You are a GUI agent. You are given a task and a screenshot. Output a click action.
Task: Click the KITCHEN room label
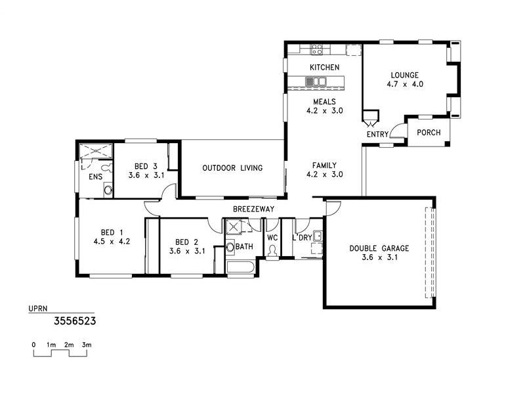click(324, 68)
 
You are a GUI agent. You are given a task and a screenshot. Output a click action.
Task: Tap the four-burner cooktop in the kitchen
click(316, 49)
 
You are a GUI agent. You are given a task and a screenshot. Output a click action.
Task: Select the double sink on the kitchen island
click(316, 81)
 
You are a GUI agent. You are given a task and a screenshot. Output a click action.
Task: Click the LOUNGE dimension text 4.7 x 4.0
click(404, 84)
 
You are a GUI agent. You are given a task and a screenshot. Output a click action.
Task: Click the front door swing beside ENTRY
click(398, 130)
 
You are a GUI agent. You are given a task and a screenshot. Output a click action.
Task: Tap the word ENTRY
click(377, 135)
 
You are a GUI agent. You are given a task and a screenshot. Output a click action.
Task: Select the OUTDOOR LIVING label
click(232, 168)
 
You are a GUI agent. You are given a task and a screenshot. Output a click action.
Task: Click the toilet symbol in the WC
click(272, 250)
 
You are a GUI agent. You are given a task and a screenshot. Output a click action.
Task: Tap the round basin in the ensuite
click(108, 191)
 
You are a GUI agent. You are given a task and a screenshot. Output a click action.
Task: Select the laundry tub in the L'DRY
click(318, 235)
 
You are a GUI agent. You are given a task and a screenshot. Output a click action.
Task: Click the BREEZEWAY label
click(253, 209)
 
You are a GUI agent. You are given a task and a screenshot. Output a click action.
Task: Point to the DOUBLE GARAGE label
click(379, 248)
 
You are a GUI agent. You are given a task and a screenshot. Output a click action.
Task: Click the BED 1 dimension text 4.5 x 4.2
click(112, 241)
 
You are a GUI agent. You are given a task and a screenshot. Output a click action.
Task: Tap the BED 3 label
click(145, 166)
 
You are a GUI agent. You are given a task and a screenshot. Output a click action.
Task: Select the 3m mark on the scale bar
click(87, 345)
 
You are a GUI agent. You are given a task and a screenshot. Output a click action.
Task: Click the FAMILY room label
click(324, 165)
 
